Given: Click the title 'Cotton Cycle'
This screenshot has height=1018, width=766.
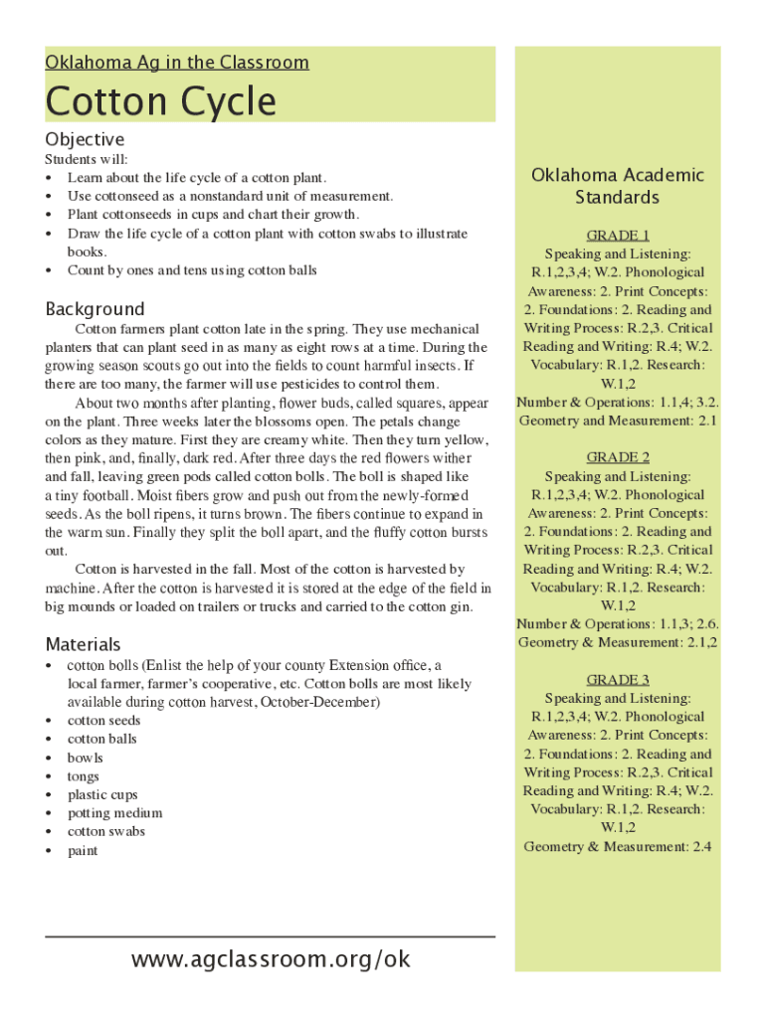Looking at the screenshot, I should pos(160,101).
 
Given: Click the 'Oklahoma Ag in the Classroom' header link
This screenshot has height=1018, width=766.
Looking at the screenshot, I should pos(177,63).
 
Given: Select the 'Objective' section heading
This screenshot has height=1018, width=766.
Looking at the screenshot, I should pos(85,139).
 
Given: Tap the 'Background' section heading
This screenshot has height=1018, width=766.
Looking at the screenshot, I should pos(95,308).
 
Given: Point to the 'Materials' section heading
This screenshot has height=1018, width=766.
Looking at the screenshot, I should pos(83,644).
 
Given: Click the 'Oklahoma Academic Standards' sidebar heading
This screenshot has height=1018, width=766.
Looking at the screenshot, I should pos(617,186).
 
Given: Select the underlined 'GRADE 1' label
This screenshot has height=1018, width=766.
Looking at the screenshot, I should pos(618,236).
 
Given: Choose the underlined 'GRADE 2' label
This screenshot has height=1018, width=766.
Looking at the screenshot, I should pos(618,457).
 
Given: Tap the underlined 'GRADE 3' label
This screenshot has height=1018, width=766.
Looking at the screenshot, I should pos(618,680).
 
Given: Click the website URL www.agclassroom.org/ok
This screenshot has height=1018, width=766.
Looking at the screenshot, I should pos(271,959).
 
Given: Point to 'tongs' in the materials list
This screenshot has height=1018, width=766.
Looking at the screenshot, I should pos(83,776).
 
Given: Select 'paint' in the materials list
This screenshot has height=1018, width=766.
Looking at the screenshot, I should pos(83,850).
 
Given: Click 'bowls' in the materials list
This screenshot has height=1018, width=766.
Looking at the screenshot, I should pos(85,758).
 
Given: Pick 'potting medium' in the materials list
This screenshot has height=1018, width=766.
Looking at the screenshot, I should pos(114,813).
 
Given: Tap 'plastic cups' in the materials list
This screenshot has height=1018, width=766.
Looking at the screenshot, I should pos(102,794).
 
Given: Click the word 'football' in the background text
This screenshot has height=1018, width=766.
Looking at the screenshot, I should pos(104,495).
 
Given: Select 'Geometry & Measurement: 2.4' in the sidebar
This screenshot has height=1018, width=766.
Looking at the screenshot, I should pos(618,846).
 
